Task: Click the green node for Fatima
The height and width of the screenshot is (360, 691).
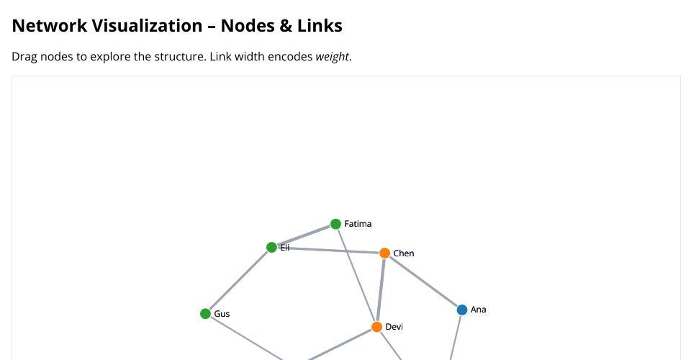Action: (x=335, y=224)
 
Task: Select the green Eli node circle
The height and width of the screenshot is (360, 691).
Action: (x=271, y=247)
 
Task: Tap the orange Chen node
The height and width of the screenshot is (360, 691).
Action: (x=384, y=253)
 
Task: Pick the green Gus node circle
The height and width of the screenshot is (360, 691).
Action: (x=205, y=314)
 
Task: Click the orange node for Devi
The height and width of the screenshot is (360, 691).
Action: (x=376, y=327)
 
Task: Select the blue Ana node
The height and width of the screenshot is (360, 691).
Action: (x=462, y=310)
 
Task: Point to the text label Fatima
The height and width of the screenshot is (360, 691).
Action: (x=358, y=224)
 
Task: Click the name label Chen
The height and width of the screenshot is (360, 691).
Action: (x=404, y=253)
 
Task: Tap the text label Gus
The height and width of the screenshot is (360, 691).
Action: (x=222, y=314)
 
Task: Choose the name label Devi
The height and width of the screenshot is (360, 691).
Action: (x=394, y=327)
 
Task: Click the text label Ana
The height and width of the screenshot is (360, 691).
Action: (x=478, y=310)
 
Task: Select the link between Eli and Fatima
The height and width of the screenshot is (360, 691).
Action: (x=304, y=235)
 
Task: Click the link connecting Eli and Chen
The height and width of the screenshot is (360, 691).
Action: (x=328, y=251)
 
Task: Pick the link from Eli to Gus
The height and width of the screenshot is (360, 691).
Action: (x=238, y=281)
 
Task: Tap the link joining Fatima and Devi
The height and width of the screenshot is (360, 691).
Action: (x=356, y=274)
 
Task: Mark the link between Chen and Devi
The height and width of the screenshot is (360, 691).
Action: (x=381, y=290)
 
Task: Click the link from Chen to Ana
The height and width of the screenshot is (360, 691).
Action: (x=423, y=282)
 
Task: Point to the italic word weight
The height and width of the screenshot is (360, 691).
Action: (x=333, y=56)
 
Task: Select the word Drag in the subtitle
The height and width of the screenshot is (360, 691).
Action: (x=25, y=56)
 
